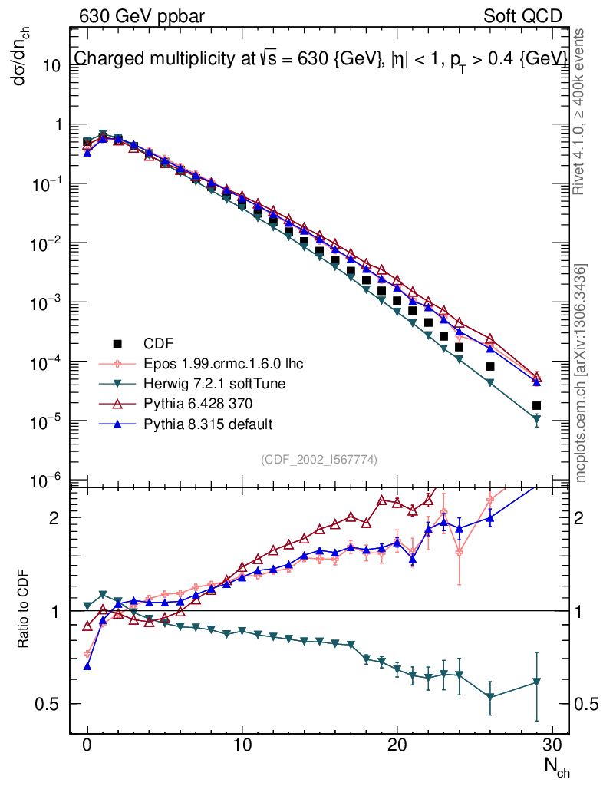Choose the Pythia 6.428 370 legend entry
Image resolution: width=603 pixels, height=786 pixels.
[199, 404]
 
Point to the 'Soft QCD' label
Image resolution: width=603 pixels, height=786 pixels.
[523, 16]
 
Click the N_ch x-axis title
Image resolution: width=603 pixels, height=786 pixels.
[557, 765]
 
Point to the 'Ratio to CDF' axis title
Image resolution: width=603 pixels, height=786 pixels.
[23, 611]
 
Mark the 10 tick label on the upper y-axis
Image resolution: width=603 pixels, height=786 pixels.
[51, 65]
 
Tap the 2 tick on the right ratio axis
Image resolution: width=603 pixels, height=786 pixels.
[583, 517]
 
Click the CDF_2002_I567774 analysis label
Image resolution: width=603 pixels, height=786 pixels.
[319, 459]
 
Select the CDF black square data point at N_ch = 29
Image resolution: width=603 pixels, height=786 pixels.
[536, 405]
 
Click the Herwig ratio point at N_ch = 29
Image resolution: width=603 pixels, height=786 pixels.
[536, 682]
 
